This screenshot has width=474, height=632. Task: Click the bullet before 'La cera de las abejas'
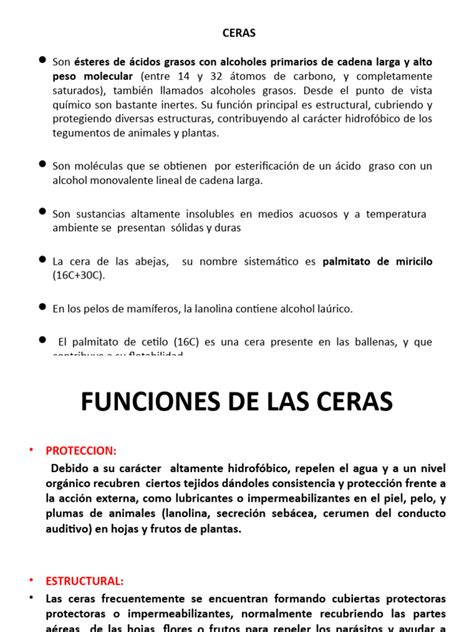40,259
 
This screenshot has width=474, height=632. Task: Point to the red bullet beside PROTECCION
30,450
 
